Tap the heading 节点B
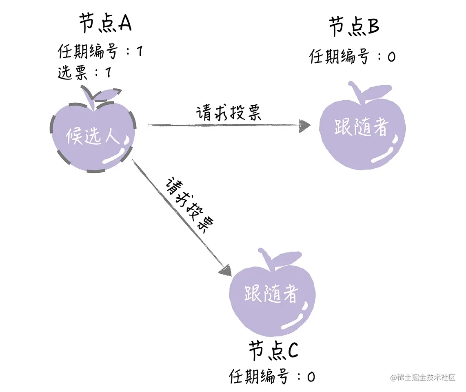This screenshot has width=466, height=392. tap(354, 27)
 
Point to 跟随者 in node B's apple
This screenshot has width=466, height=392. tap(360, 128)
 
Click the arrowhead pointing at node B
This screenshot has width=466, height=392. tap(304, 126)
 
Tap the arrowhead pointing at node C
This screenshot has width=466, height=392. tap(226, 269)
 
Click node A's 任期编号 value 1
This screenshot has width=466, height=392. tap(139, 52)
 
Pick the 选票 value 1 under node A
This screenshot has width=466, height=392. tap(108, 73)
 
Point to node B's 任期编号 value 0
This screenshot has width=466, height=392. tap(391, 56)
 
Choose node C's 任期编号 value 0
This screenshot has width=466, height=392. tap(311, 377)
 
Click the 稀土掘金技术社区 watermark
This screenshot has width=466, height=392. tap(423, 377)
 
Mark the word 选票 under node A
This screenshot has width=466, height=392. tap(72, 73)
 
